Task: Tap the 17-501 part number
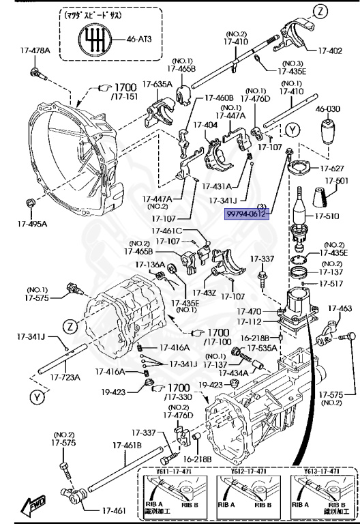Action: coord(336,181)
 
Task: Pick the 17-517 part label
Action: coord(333,284)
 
